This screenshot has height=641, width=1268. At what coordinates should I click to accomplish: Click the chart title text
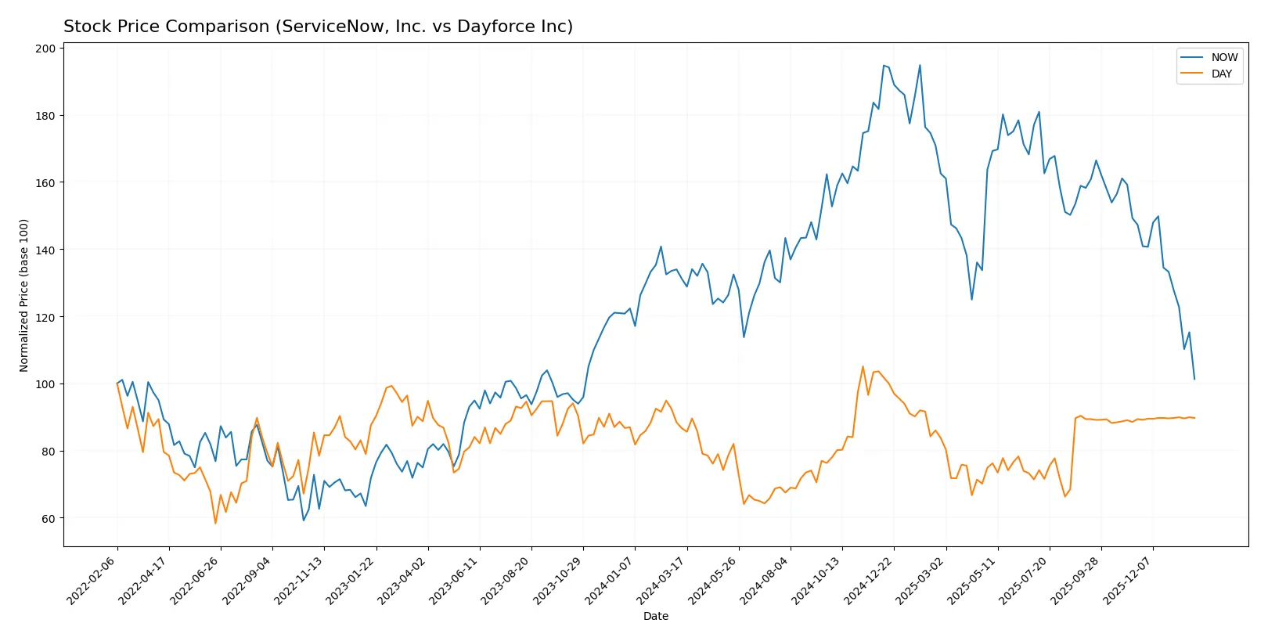pos(318,27)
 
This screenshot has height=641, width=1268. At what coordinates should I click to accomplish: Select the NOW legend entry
pos(1223,57)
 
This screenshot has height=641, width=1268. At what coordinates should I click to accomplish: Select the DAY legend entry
pos(1221,74)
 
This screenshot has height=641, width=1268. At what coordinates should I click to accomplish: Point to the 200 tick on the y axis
pos(46,49)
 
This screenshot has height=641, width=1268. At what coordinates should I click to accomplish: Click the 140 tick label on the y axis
pos(46,250)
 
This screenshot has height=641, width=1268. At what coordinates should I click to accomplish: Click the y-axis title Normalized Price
pos(24,295)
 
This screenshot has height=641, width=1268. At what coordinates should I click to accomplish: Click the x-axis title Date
pos(655,616)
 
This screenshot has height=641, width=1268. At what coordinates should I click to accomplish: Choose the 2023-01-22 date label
pos(351,581)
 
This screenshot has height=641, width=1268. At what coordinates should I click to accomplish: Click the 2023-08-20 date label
pos(506,581)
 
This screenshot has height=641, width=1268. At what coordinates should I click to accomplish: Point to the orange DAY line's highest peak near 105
pos(863,366)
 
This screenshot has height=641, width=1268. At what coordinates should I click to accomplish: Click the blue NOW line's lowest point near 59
pos(304,520)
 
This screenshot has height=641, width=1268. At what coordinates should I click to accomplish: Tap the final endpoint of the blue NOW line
pos(1194,380)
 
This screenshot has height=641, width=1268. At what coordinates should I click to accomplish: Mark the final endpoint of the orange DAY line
pos(1194,418)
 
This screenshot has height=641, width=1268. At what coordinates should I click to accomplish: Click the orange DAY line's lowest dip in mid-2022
pos(215,523)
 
